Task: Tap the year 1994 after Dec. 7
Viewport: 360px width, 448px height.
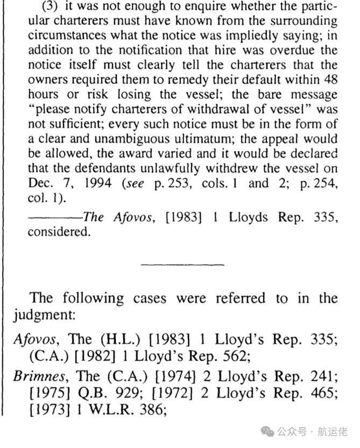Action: [97, 183]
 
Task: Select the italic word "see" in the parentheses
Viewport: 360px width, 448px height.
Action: [133, 183]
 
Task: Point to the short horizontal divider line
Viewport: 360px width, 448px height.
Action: [182, 264]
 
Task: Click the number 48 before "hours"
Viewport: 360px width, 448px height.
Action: [327, 81]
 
